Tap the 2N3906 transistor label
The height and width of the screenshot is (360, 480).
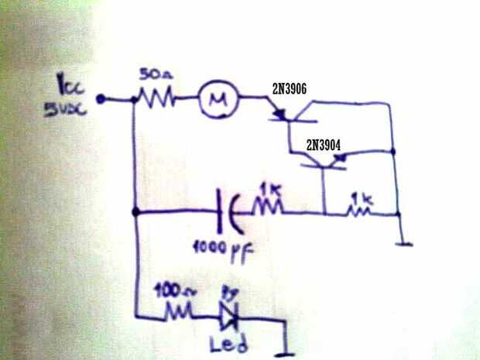point(289,89)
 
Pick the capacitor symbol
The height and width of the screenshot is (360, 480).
point(233,210)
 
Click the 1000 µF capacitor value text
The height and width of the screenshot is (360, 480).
point(221,250)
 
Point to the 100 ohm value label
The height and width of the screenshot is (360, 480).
point(169,292)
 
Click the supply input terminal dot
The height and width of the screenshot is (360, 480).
point(101,99)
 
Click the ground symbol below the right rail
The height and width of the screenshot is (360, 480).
point(400,245)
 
